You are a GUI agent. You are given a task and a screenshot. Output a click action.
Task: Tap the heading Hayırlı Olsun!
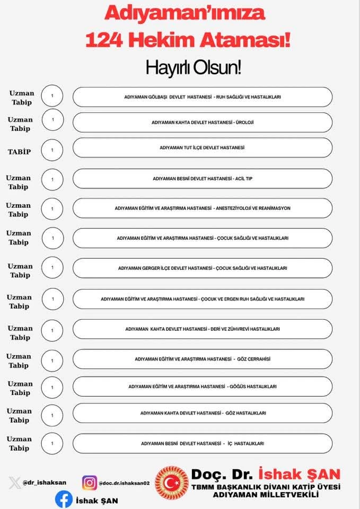point(194,67)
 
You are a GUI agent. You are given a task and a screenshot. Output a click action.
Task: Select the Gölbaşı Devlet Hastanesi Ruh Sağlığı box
point(203,97)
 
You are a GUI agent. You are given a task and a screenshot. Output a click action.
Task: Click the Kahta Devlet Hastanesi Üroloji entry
point(203,122)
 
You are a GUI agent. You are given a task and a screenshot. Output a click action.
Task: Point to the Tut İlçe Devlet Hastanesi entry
point(203,148)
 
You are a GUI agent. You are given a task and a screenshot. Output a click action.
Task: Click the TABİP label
point(19,152)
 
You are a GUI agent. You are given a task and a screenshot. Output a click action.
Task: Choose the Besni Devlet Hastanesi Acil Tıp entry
point(203,179)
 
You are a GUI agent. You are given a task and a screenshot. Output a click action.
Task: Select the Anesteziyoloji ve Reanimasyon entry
point(203,208)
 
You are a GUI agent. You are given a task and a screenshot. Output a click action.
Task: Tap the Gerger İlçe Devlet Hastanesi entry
point(203,268)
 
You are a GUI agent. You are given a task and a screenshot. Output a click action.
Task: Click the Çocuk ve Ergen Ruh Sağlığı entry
point(203,299)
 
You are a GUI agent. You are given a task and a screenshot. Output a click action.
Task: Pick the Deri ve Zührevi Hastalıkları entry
point(203,329)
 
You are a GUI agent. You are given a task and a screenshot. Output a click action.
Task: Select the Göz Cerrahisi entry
point(203,359)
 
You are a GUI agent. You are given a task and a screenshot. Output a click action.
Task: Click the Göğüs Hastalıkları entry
point(203,387)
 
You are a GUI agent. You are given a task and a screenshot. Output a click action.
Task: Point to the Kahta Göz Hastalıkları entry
point(203,413)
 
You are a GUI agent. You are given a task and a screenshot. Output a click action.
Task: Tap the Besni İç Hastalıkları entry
point(203,443)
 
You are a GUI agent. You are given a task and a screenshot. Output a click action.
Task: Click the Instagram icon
point(90,482)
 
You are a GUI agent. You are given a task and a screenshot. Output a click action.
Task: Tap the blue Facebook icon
point(64,499)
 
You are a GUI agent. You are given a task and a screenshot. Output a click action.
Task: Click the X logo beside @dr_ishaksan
point(15,483)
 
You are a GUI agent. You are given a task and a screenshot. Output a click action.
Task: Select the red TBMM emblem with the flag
point(171,483)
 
